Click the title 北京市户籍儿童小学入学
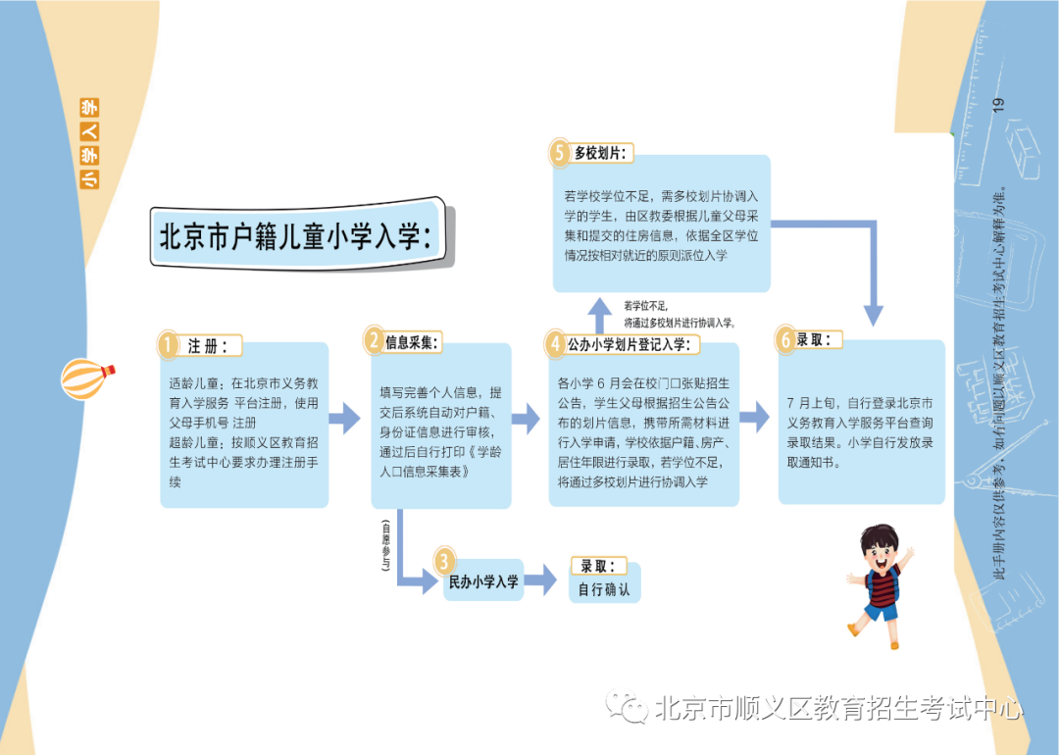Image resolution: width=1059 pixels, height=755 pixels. pos(296,236)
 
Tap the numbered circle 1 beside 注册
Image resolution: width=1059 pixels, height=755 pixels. pos(168,344)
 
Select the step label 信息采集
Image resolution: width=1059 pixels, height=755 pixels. pos(411,342)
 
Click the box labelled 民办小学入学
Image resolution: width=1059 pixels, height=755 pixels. pos(483,581)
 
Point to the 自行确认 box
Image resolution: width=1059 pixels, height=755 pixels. pos(604,589)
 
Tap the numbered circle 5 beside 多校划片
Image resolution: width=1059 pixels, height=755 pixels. pos(559,153)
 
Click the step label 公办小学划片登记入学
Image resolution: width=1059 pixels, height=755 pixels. pos(629,344)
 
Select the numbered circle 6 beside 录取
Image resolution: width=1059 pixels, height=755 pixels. pos(784,339)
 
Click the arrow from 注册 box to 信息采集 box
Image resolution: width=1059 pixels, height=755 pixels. pos(344,419)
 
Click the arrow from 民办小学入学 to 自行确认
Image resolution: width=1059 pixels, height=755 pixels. pos(540,579)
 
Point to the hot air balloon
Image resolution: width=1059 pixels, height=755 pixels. pos(87,378)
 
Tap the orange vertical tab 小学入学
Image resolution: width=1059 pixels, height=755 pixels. pos(90,143)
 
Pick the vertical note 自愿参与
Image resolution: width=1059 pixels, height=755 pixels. pos(385,544)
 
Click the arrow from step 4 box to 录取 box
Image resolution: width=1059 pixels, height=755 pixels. pos(754,417)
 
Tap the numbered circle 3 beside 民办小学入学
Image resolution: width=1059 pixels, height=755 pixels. pos(444,561)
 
